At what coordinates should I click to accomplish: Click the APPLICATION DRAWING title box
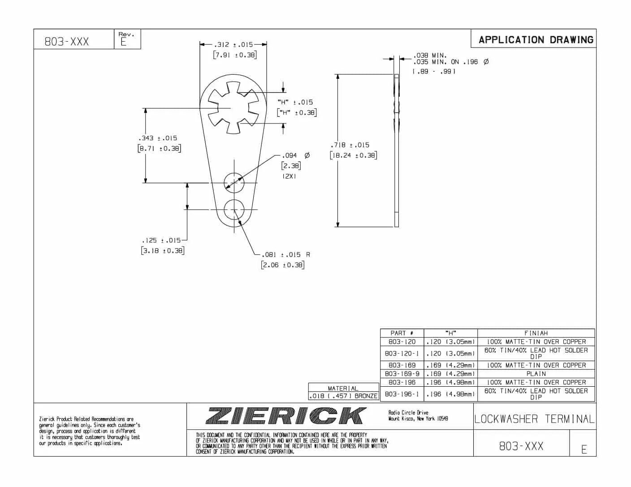coord(535,39)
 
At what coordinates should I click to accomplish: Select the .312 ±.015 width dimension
coord(233,44)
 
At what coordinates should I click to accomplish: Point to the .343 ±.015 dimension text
coord(158,138)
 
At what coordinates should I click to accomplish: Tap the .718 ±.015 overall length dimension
coord(350,145)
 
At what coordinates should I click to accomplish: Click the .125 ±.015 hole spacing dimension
coord(161,240)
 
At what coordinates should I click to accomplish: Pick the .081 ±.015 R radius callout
coord(285,255)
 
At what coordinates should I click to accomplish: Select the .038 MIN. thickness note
coord(429,56)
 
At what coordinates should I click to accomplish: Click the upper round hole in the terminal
coord(234,183)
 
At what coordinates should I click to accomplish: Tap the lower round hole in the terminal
coord(234,209)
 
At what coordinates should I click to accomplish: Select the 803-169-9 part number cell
coord(402,374)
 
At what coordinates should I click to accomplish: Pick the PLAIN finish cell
coord(536,374)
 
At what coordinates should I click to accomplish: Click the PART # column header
coord(402,333)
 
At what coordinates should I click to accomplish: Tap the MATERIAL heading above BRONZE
coord(343,388)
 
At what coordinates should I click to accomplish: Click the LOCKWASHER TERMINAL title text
coord(534,419)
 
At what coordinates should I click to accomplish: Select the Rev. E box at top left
coord(127,39)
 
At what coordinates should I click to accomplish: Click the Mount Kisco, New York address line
coord(418,419)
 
